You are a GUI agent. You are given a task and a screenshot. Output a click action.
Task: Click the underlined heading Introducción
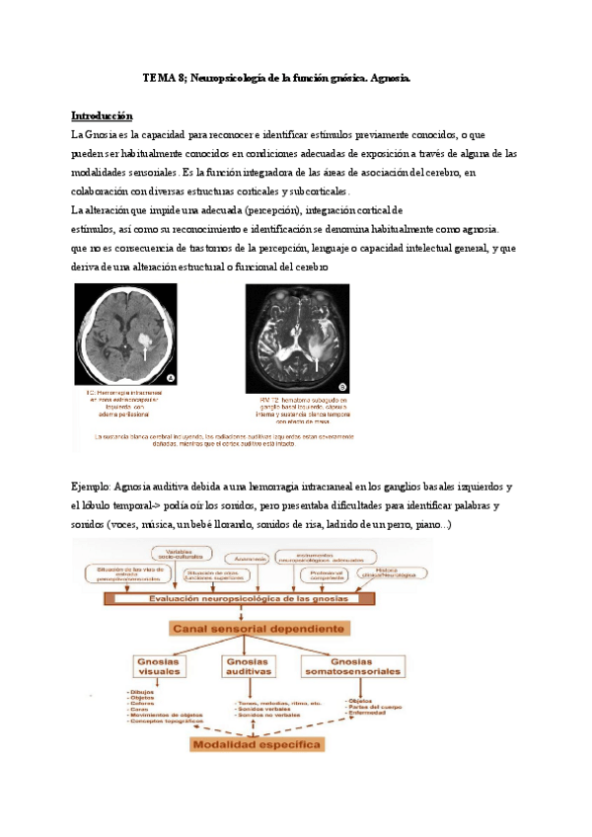(103, 114)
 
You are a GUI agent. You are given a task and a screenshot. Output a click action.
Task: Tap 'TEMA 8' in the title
(164, 77)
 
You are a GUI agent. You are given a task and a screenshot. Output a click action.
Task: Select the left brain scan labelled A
(125, 335)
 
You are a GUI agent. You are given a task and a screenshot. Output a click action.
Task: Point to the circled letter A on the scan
(171, 378)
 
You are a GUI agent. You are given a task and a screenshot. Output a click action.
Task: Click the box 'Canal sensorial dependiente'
(259, 628)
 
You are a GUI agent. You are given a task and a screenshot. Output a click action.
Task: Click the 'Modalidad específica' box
(258, 744)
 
